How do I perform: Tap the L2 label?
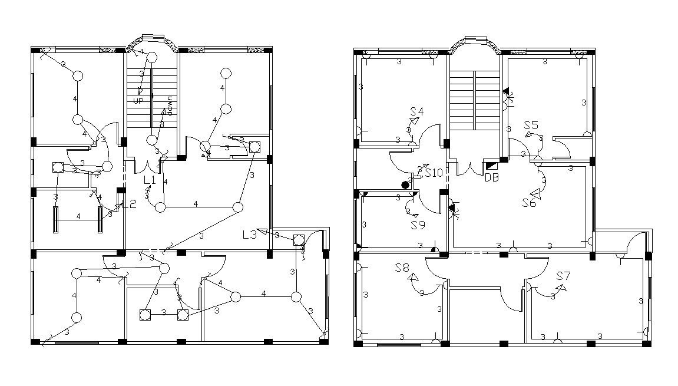click(x=130, y=204)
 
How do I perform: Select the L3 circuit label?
click(x=250, y=234)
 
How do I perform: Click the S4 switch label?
click(x=417, y=111)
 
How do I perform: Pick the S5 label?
click(x=531, y=126)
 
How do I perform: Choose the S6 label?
click(x=529, y=203)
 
